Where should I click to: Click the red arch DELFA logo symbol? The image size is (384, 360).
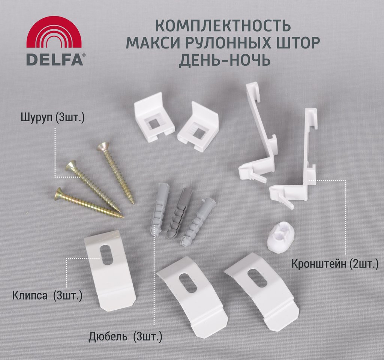point(54,32)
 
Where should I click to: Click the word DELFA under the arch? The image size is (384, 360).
point(55,59)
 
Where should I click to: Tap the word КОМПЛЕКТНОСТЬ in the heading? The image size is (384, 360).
point(223,26)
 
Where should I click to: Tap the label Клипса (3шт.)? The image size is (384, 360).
point(47,295)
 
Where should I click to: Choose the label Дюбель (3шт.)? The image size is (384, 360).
point(125,337)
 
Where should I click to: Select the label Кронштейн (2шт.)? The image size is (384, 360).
point(335,264)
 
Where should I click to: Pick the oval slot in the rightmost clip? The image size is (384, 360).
point(257,279)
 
